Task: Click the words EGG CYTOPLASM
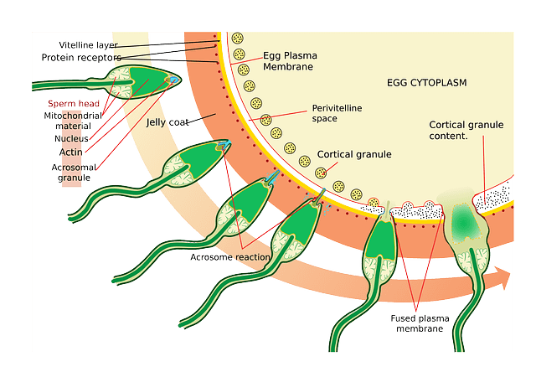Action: click(x=426, y=83)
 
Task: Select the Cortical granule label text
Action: click(x=353, y=155)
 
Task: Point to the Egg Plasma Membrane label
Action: click(x=289, y=60)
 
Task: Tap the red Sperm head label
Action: click(x=73, y=102)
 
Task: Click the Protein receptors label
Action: click(x=80, y=57)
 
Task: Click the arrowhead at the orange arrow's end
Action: click(x=505, y=276)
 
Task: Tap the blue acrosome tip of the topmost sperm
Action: click(x=173, y=80)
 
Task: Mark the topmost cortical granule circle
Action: click(x=238, y=39)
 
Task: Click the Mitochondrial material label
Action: click(x=73, y=121)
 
